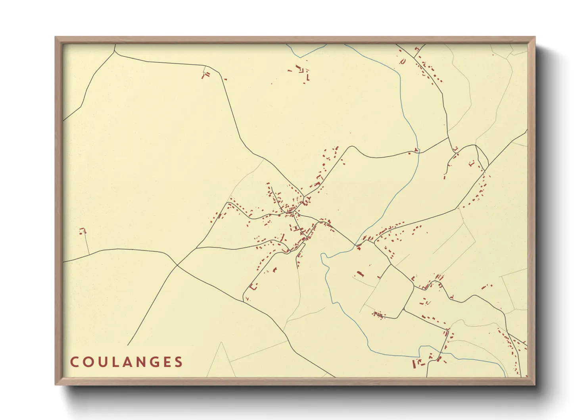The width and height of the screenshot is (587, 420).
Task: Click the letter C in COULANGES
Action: coord(75,362)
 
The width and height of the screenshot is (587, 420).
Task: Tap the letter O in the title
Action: coord(88,362)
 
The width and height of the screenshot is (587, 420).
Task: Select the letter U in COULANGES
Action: coord(102,362)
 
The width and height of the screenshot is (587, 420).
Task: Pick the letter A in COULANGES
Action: coord(127,362)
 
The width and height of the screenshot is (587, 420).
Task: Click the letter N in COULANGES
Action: coord(140,362)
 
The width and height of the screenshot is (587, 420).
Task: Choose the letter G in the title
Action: coord(154,362)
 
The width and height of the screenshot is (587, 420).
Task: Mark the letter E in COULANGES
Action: coord(167,362)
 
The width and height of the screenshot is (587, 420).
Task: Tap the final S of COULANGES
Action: coord(179,362)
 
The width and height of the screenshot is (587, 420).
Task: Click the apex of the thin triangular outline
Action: coord(221,343)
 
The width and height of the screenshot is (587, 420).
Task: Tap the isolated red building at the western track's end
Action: coord(82,230)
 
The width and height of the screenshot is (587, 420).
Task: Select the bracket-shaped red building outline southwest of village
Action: coord(253,287)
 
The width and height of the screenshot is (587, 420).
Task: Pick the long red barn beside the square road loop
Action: coord(360,274)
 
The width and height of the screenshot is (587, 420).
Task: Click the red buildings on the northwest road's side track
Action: coord(205,74)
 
